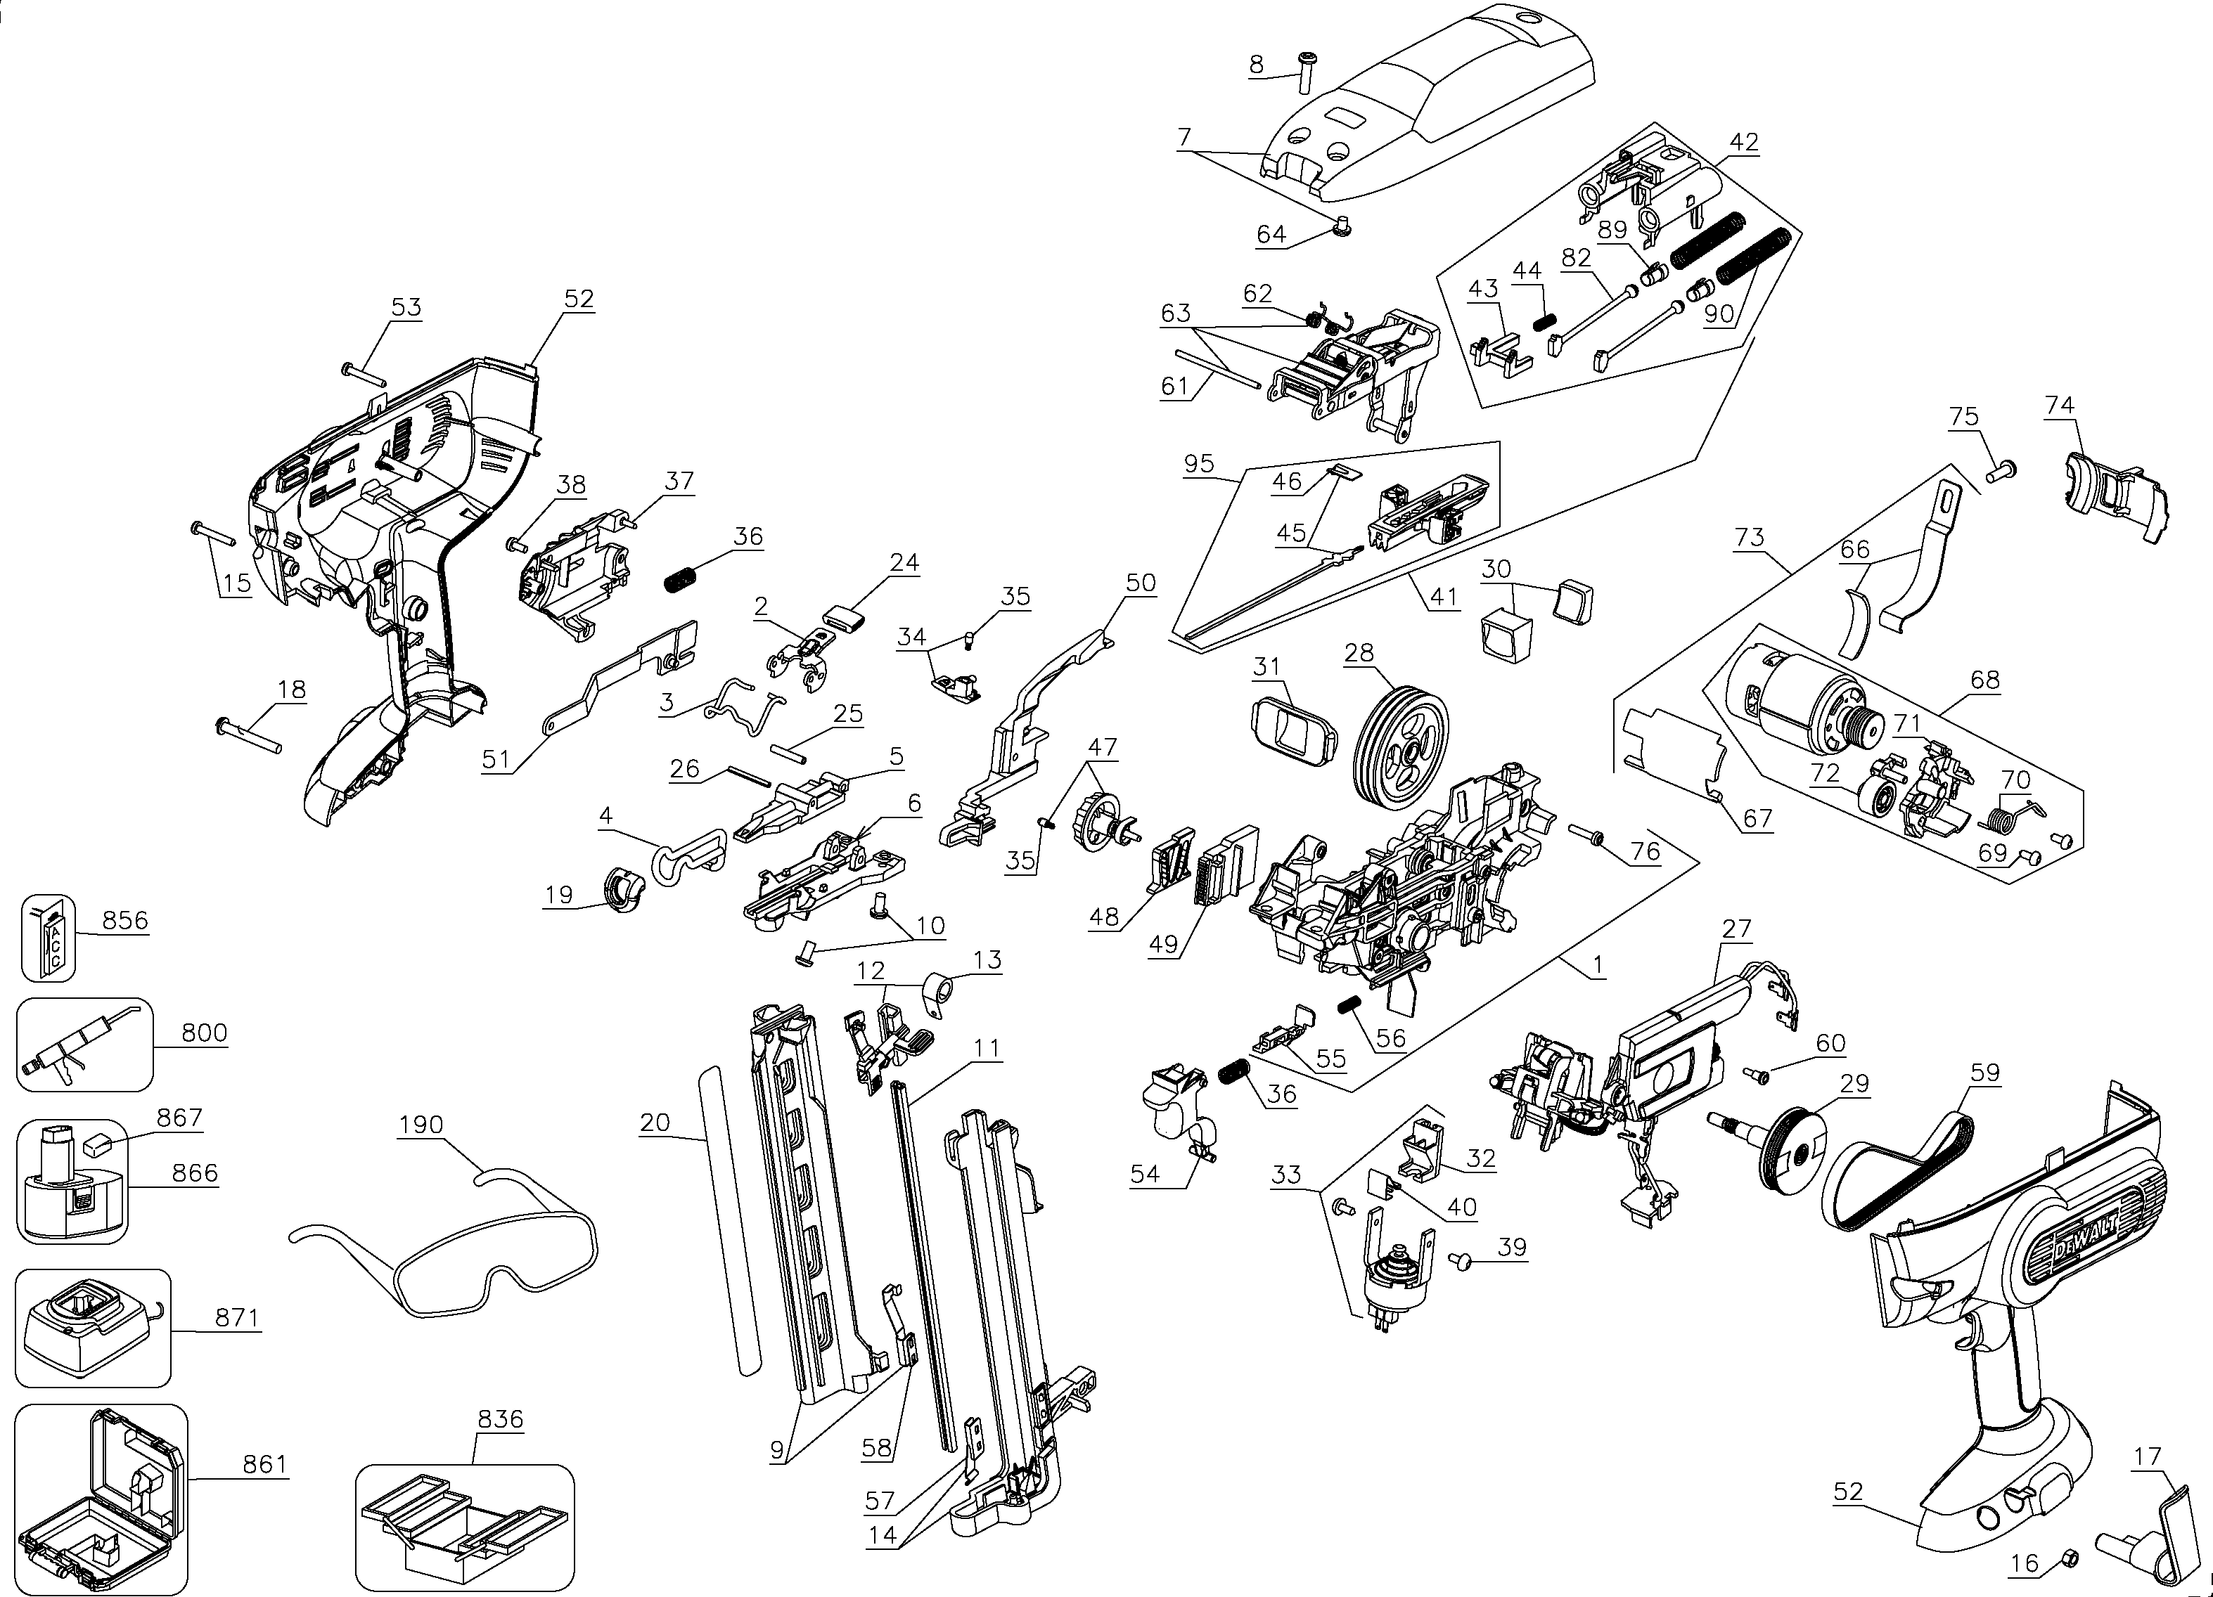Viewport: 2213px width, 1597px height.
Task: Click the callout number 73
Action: [1750, 536]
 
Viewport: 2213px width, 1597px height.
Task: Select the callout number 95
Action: [1198, 463]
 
